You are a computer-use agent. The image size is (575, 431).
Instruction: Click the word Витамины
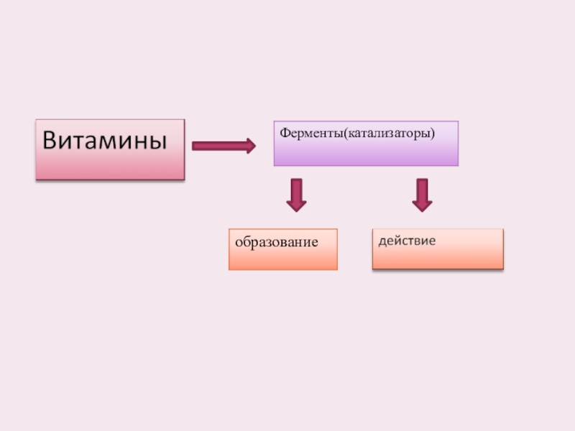(x=110, y=139)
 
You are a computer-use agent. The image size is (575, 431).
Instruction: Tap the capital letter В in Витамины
(x=50, y=139)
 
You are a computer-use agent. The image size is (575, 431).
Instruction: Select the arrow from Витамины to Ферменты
(x=223, y=147)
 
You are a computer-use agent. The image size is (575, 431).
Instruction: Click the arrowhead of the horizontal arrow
(x=249, y=147)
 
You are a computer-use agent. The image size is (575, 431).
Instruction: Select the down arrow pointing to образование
(x=296, y=195)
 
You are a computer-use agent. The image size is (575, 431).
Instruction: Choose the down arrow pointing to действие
(x=422, y=195)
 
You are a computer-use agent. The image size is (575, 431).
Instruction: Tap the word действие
(x=407, y=240)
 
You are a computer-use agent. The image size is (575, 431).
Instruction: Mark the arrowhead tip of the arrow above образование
(x=296, y=210)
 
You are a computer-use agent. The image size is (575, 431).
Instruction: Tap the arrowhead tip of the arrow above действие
(x=422, y=210)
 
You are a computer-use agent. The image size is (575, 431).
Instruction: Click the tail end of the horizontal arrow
(x=194, y=147)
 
